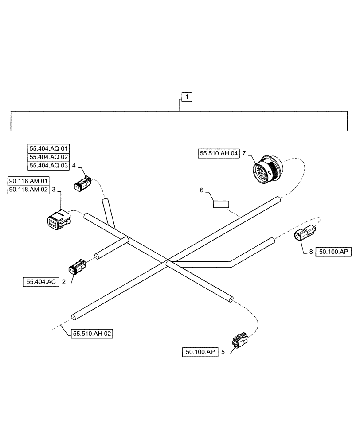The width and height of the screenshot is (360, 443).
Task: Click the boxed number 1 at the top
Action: tap(187, 96)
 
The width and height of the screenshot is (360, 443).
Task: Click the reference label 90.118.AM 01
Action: tap(29, 181)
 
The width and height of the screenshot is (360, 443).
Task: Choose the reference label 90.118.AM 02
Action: tap(29, 190)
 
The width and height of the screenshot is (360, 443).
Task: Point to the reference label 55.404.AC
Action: tap(41, 281)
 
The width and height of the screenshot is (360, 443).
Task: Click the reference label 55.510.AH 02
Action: tap(92, 334)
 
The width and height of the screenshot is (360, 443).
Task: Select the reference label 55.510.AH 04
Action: tap(219, 153)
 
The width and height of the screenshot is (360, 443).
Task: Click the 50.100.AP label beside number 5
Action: tap(200, 352)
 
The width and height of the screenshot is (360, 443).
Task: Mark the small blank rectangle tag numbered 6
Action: tap(220, 204)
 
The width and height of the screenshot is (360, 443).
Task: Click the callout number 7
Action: tap(244, 153)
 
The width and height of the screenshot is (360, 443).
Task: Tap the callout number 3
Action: tap(54, 190)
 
